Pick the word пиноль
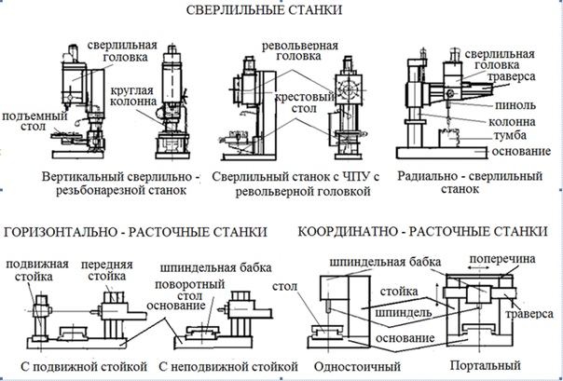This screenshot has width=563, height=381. (x=510, y=106)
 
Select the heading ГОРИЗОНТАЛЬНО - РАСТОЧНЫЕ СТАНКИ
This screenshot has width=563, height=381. (x=135, y=230)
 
